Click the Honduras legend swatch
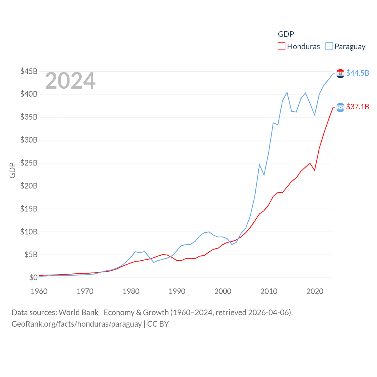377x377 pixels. (x=282, y=47)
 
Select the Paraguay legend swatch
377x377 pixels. (x=329, y=47)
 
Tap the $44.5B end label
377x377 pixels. (x=358, y=73)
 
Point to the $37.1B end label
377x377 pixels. (x=358, y=107)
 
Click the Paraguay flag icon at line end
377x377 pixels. (x=340, y=73)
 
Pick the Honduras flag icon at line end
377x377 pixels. (x=340, y=107)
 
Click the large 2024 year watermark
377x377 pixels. (x=70, y=81)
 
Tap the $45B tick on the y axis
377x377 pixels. (x=29, y=71)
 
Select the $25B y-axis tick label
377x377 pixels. (x=29, y=163)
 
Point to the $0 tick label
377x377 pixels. (x=33, y=277)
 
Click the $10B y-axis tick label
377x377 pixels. (x=29, y=232)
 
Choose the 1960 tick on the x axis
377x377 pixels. (x=39, y=291)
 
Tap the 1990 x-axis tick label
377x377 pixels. (x=177, y=291)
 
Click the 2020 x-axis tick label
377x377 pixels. (x=315, y=291)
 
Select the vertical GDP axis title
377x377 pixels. (x=12, y=170)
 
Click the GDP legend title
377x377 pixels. (x=286, y=34)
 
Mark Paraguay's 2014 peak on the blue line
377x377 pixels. (x=287, y=92)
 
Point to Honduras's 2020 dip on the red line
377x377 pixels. (x=315, y=170)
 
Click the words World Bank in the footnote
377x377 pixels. (x=79, y=312)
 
